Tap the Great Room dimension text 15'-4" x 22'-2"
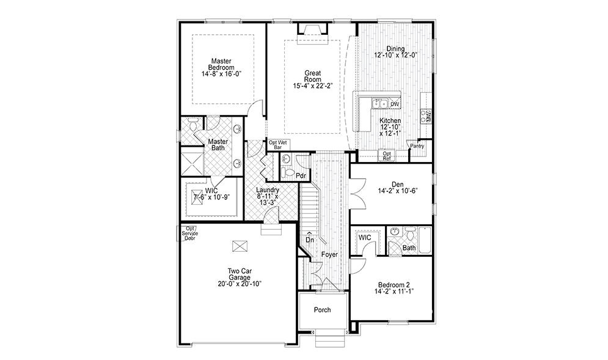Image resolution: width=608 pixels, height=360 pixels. (x=313, y=86)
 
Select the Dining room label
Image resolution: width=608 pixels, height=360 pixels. (x=395, y=49)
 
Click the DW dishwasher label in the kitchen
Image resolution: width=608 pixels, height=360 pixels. (x=395, y=105)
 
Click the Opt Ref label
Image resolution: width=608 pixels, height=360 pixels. (x=386, y=156)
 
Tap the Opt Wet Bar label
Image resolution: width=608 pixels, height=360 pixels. (x=278, y=145)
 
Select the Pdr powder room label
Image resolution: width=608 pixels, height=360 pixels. (x=301, y=176)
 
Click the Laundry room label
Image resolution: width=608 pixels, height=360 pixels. (x=268, y=190)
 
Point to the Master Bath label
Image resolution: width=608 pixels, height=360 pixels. (x=219, y=144)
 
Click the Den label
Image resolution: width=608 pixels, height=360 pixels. (x=398, y=183)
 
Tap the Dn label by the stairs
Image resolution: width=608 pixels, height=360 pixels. (x=310, y=240)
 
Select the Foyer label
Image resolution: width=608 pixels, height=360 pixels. (x=330, y=254)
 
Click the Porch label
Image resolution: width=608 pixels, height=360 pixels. (x=322, y=310)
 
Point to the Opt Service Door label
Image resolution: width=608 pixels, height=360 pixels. (x=189, y=232)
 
